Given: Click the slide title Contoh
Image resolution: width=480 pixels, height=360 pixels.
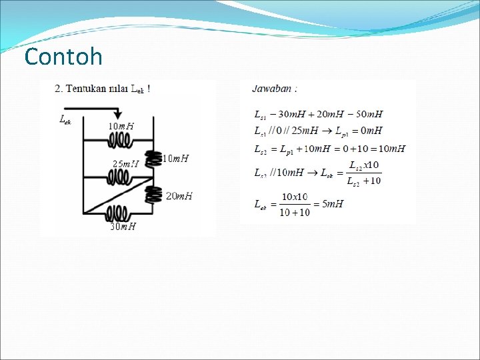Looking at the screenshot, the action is pyautogui.click(x=63, y=57).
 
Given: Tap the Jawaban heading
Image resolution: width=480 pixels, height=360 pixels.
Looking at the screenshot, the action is pyautogui.click(x=274, y=88).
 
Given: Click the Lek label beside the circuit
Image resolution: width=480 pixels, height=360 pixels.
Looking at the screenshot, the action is pyautogui.click(x=65, y=120).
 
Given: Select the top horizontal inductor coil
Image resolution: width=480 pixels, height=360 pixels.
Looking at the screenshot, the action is pyautogui.click(x=120, y=140).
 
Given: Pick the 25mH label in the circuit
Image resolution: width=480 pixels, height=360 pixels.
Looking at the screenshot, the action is pyautogui.click(x=125, y=163).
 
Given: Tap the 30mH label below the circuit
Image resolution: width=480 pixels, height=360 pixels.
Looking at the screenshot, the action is pyautogui.click(x=123, y=227).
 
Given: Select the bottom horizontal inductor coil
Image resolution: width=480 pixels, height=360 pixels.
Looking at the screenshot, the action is pyautogui.click(x=117, y=213).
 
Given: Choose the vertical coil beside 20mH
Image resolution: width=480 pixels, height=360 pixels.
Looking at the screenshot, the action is pyautogui.click(x=154, y=194).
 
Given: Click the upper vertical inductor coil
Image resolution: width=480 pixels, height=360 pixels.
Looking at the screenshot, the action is pyautogui.click(x=154, y=158).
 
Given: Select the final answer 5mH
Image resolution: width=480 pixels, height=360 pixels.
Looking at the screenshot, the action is pyautogui.click(x=332, y=203).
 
